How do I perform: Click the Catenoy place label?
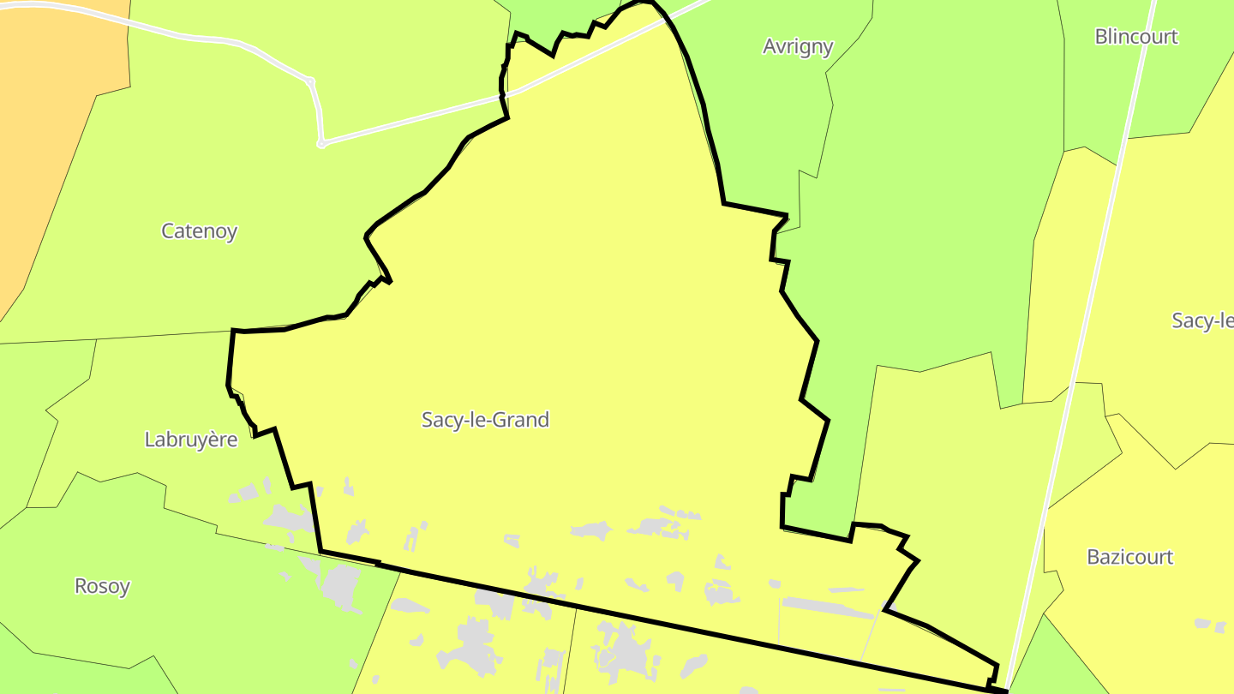pos(199,231)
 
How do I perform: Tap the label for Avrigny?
pos(798,46)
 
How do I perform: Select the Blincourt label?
pos(1136,37)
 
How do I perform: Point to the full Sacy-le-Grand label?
pos(485,420)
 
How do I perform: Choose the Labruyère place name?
pos(190,440)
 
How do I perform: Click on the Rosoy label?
pos(103,587)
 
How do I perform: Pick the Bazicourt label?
pos(1129,557)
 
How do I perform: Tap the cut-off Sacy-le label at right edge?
pos(1202,320)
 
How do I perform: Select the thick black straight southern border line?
pos(686,629)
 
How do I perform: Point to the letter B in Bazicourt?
pos(1093,557)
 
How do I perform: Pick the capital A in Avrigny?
pos(770,46)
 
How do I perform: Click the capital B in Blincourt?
pos(1101,37)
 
